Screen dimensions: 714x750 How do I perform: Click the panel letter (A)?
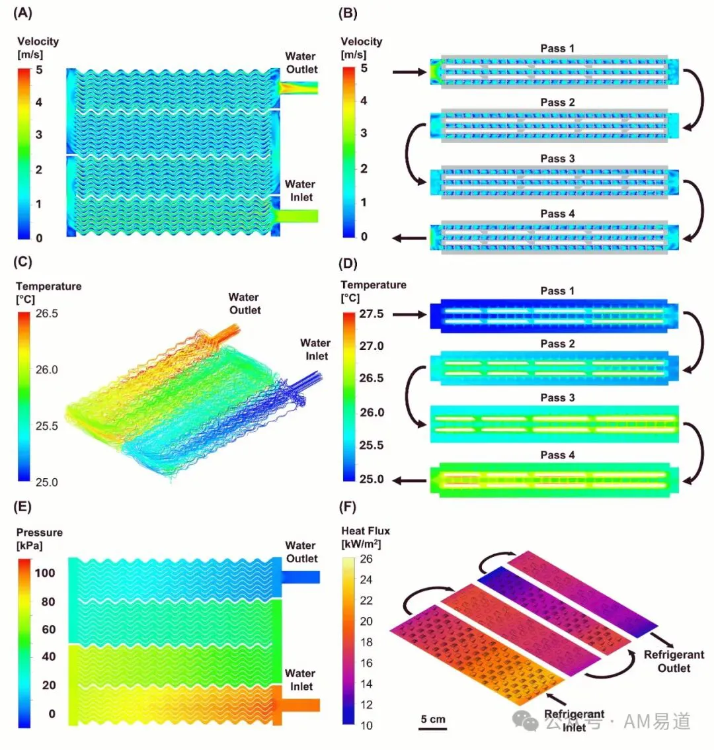point(22,13)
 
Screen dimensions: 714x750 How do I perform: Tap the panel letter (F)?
point(348,507)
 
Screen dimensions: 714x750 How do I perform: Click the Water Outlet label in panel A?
point(301,63)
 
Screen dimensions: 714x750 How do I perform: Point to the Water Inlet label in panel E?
point(300,680)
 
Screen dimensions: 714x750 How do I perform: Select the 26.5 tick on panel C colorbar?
point(47,313)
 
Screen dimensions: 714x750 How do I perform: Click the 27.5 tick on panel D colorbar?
point(372,313)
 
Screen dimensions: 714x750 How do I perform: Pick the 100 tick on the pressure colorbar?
point(45,573)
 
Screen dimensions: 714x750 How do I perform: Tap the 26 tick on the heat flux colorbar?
point(366,559)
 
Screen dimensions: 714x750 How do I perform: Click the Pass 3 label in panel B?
point(557,158)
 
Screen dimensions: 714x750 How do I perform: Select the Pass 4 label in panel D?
point(557,455)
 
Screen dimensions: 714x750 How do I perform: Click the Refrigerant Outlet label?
point(674,661)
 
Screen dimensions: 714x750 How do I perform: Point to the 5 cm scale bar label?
point(433,719)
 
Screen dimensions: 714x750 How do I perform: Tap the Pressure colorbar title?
point(39,538)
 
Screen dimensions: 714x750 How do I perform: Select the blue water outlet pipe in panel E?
point(300,577)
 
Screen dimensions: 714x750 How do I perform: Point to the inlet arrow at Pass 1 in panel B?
point(409,72)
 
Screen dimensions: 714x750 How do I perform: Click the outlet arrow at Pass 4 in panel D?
point(409,481)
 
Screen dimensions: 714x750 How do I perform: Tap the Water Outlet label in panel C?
point(245,304)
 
